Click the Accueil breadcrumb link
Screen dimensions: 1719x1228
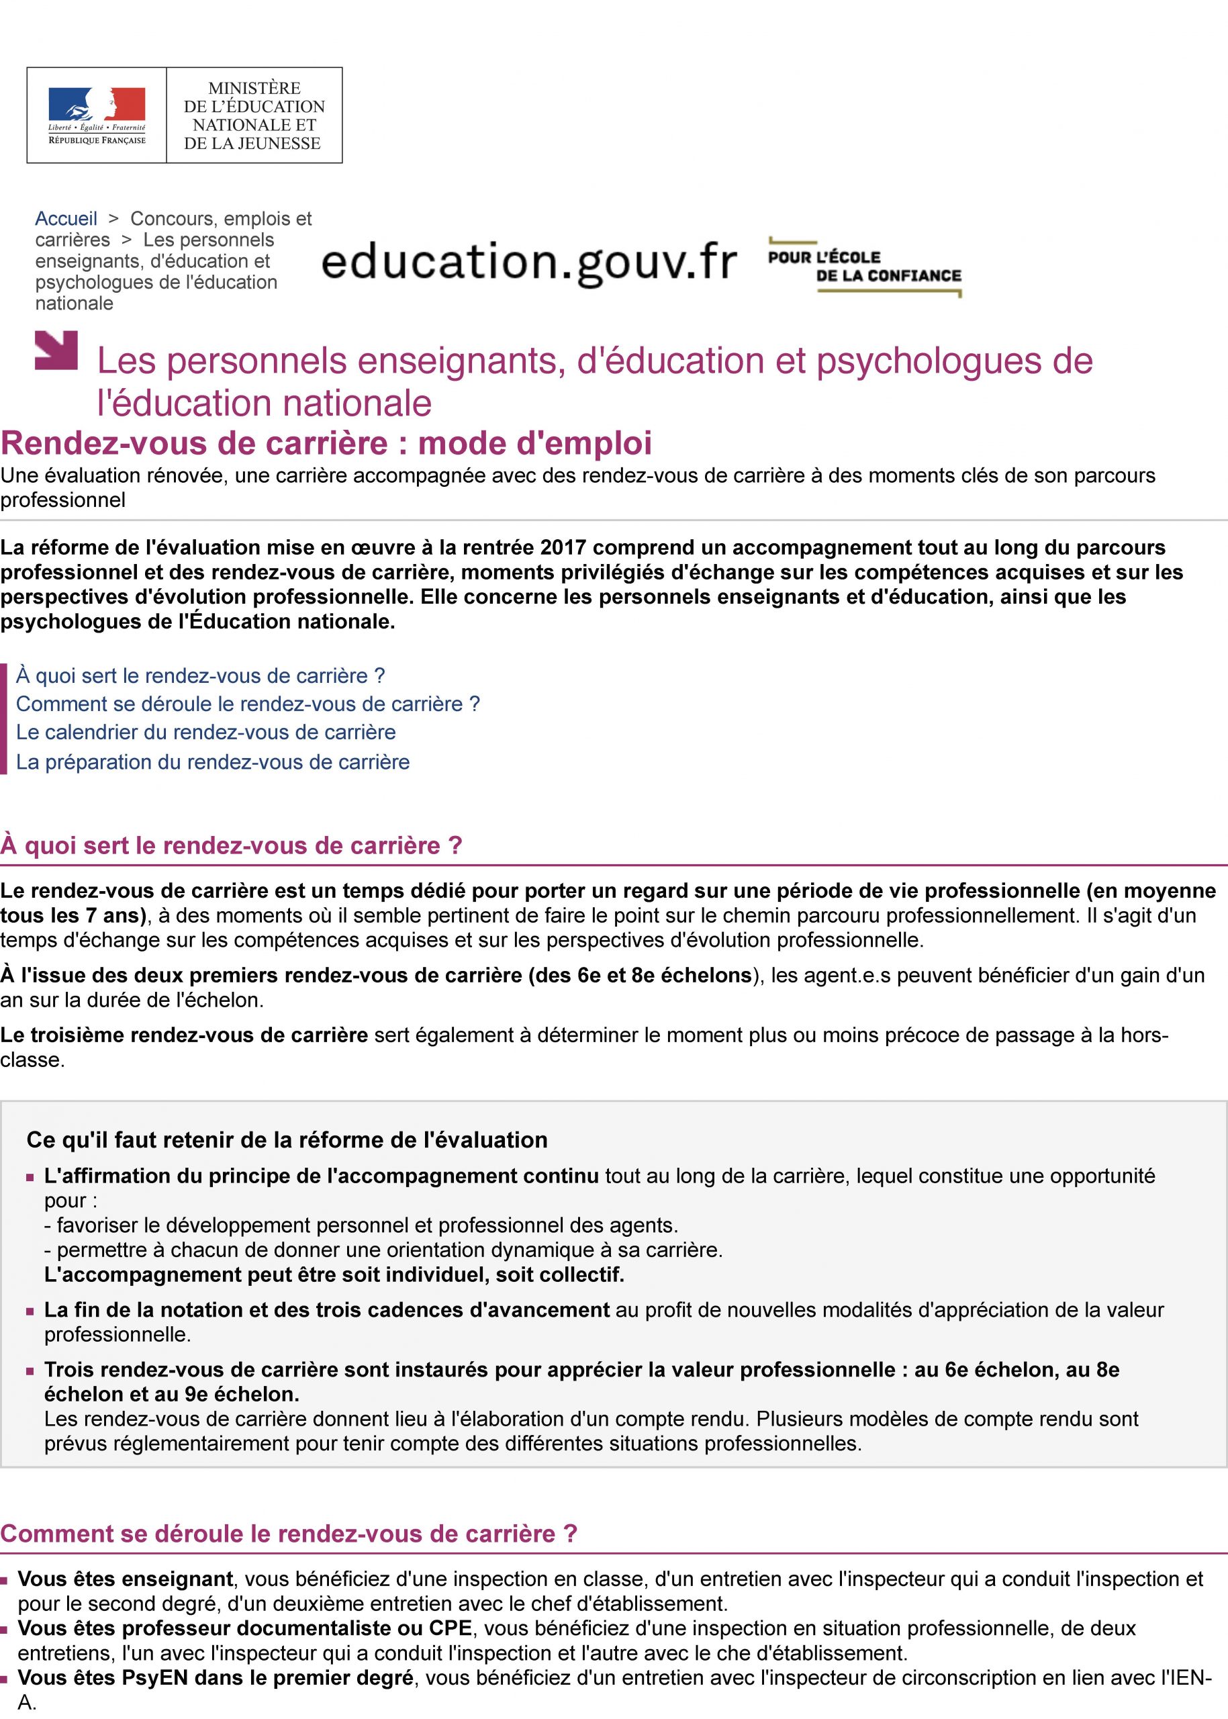tap(66, 218)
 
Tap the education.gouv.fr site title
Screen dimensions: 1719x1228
tap(528, 263)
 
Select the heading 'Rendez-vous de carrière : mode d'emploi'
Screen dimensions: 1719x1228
tap(326, 443)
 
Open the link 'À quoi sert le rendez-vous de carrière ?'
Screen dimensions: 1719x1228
tap(200, 676)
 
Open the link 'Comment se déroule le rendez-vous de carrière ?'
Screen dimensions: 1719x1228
tap(247, 704)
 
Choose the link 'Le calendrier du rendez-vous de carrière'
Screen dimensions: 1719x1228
tap(205, 732)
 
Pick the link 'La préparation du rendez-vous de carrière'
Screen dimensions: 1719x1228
tap(212, 761)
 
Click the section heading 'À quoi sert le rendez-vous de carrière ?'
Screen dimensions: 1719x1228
tap(231, 845)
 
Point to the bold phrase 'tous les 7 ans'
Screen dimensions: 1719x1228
tap(73, 916)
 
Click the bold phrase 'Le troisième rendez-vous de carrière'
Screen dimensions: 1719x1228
tap(184, 1035)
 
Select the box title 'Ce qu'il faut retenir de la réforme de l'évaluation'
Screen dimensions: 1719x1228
tap(287, 1140)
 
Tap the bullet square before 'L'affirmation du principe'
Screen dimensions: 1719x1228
tap(31, 1178)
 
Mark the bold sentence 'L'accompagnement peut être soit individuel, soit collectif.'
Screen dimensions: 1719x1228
tap(334, 1274)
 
